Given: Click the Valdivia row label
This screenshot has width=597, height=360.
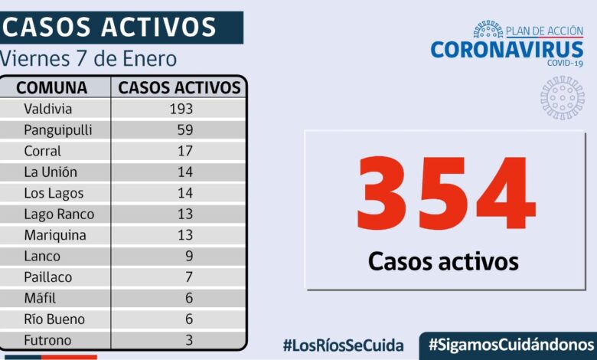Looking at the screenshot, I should tap(47, 109).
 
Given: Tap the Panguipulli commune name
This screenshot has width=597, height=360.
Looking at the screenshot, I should tap(57, 130).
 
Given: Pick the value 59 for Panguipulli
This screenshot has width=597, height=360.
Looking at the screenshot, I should tap(184, 130).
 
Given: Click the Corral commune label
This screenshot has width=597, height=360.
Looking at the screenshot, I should tap(42, 151).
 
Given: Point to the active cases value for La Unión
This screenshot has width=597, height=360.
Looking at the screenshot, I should tap(184, 172).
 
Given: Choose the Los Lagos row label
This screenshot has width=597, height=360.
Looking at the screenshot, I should tap(54, 193).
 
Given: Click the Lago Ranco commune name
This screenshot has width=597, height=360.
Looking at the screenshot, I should tap(59, 214).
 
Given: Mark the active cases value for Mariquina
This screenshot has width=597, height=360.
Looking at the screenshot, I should tap(184, 235).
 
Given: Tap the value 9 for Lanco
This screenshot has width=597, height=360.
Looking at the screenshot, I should tap(188, 256).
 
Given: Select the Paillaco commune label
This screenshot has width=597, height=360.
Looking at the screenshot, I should tap(47, 277).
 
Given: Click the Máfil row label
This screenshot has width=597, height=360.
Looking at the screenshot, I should tap(40, 298).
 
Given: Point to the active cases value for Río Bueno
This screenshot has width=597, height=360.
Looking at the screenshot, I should tap(188, 319).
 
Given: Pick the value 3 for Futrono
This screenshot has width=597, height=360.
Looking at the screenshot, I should tap(188, 339).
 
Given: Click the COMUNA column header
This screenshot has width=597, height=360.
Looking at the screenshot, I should tap(52, 87).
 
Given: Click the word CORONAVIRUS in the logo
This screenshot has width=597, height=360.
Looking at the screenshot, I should tap(507, 50).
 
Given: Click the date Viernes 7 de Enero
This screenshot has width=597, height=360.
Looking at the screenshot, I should tap(89, 59).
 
